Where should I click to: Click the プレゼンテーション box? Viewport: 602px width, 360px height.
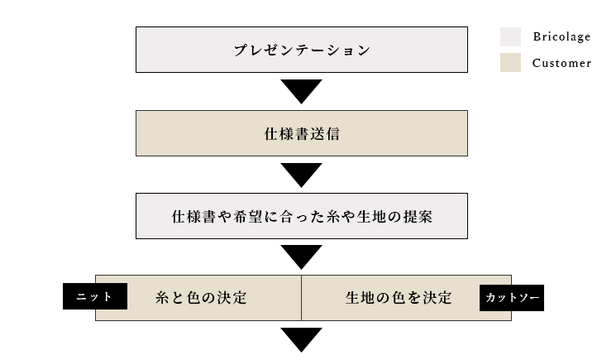click(x=301, y=50)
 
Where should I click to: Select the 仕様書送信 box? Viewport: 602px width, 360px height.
click(x=301, y=132)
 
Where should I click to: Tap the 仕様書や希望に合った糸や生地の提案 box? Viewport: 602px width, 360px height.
click(x=301, y=216)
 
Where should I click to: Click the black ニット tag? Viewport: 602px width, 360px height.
click(x=95, y=296)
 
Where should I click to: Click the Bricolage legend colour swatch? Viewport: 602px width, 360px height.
click(x=510, y=37)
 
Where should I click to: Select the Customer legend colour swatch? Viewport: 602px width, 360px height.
click(x=510, y=63)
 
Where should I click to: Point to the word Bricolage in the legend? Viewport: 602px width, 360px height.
click(x=561, y=37)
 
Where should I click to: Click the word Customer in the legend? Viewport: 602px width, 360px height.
click(x=561, y=63)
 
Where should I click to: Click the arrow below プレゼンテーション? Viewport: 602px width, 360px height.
click(x=301, y=91)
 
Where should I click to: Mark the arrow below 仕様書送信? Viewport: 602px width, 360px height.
click(x=301, y=174)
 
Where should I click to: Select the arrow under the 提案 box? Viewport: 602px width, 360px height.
click(x=301, y=257)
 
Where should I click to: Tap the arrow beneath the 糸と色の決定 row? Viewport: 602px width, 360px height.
click(x=301, y=339)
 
